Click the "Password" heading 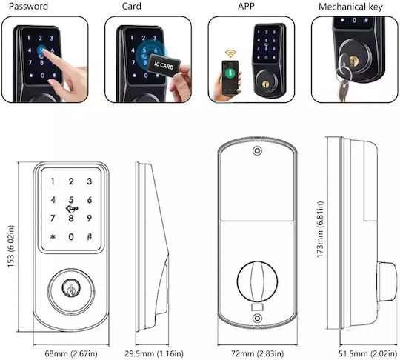pyautogui.click(x=28, y=6)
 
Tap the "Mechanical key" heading pyautogui.click(x=350, y=7)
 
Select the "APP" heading pyautogui.click(x=246, y=6)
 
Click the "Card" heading pyautogui.click(x=131, y=6)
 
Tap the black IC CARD pyautogui.click(x=164, y=64)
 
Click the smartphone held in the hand pyautogui.click(x=230, y=77)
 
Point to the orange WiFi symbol pyautogui.click(x=230, y=53)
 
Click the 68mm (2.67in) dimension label pyautogui.click(x=71, y=353)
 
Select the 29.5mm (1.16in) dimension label pyautogui.click(x=154, y=353)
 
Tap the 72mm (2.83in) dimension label pyautogui.click(x=257, y=353)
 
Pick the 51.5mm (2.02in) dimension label pyautogui.click(x=367, y=353)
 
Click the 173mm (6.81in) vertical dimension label pyautogui.click(x=320, y=230)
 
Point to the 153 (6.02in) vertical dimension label pyautogui.click(x=10, y=246)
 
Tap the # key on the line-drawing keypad pyautogui.click(x=90, y=237)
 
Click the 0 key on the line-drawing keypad pyautogui.click(x=71, y=237)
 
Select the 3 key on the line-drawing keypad pyautogui.click(x=90, y=181)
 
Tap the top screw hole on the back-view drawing pyautogui.click(x=257, y=150)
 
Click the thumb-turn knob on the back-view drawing pyautogui.click(x=257, y=281)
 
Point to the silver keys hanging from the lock pyautogui.click(x=343, y=81)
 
